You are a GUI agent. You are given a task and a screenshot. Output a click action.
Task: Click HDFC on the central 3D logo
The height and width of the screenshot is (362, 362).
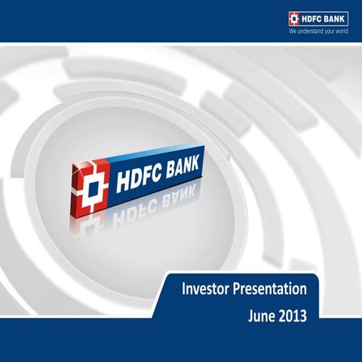pos(143,182)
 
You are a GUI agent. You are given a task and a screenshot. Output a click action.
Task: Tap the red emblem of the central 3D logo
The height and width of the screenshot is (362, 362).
pos(90,186)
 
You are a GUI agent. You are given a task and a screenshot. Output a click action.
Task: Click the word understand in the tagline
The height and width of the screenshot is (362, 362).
pos(314,33)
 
